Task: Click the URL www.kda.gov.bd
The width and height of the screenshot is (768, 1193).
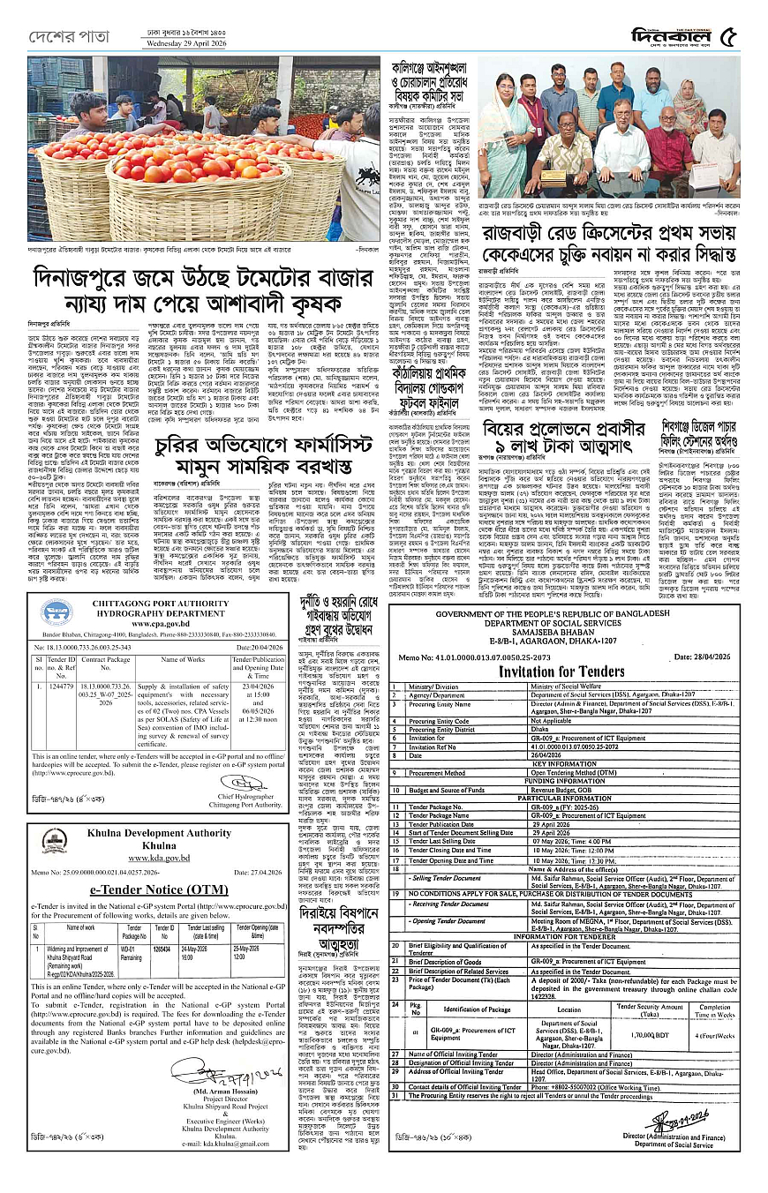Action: [x=159, y=857]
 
